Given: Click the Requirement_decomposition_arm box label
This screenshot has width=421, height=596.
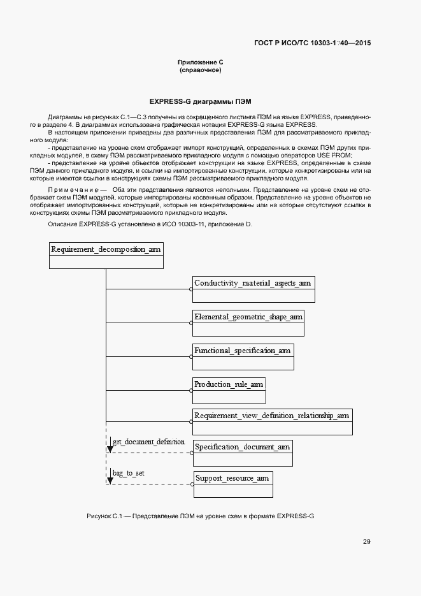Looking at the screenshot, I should coord(106,249).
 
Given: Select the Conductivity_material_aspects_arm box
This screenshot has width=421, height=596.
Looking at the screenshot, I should coord(253,282).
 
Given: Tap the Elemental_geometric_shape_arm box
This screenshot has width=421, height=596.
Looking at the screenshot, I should coord(248,316).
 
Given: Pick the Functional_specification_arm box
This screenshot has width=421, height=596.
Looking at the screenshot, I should coord(243,351).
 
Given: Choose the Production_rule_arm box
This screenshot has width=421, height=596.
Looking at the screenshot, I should coord(229,384).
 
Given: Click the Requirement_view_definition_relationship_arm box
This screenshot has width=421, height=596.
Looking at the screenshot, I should coord(272,416).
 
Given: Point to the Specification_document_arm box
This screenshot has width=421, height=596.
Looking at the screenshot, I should coord(243,447).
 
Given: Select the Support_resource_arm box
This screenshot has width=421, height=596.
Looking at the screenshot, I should coord(232,477).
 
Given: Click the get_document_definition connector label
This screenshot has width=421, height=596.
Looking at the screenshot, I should coord(148,441).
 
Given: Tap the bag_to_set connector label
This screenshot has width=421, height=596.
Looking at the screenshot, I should coord(129,472).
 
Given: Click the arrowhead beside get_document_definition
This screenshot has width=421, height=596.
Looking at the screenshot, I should coord(110,449).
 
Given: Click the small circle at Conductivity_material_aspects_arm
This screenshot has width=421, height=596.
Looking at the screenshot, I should coord(191,289).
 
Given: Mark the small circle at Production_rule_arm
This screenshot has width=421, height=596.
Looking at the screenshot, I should coord(191,390).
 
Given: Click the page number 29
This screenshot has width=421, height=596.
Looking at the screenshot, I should coord(367,542).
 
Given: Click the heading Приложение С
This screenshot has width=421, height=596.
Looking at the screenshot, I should coord(200,62).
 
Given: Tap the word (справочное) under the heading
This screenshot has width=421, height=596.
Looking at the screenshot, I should coord(200,69).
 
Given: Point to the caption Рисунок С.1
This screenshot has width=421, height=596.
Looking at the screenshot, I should coord(200,515).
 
